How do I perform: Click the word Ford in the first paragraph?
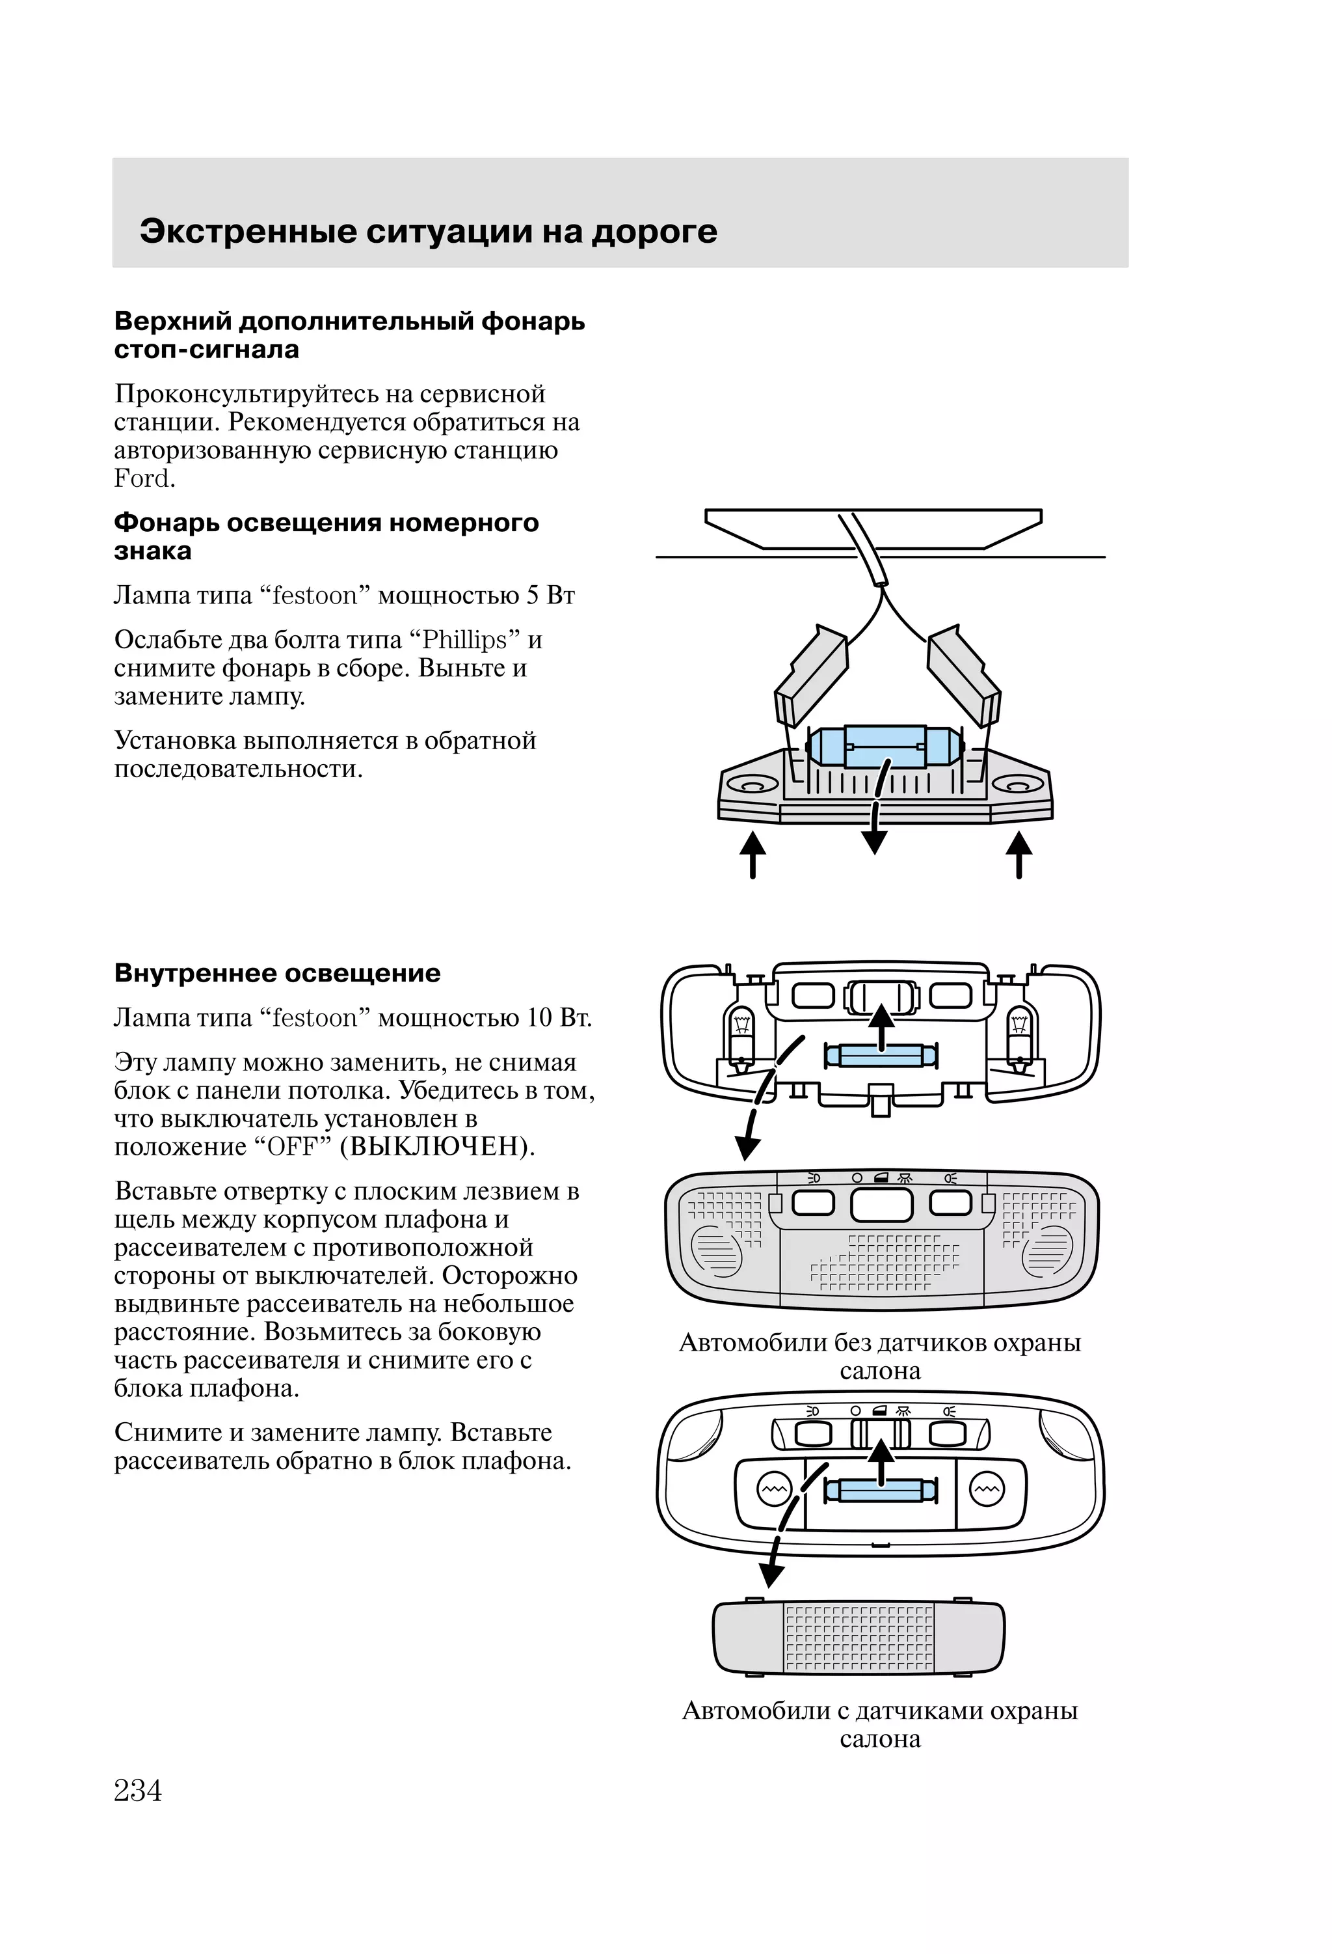click(x=144, y=478)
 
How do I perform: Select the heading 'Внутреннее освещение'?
click(x=277, y=973)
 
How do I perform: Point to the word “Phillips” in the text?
click(x=466, y=640)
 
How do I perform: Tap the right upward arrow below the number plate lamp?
click(x=1019, y=853)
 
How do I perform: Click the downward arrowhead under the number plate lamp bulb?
click(x=875, y=842)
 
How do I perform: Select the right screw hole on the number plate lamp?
click(x=1018, y=784)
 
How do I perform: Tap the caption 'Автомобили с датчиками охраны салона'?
click(x=880, y=1724)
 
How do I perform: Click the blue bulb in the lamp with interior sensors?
click(x=881, y=1491)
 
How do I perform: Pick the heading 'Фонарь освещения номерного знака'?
click(x=326, y=536)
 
